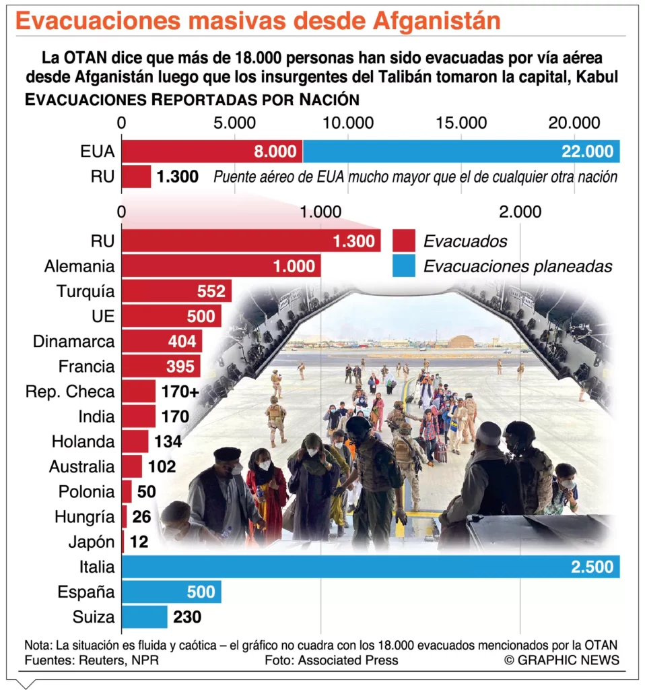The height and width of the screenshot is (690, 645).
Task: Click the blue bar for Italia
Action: pos(370,567)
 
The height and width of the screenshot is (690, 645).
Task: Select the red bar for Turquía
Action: pos(176,292)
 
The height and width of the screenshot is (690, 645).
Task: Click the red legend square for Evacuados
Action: pos(403,241)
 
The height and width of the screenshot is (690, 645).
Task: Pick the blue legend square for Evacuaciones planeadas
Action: pos(403,265)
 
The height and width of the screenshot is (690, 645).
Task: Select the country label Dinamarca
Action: pos(74,342)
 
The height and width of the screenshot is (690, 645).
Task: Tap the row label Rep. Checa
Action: pos(70,391)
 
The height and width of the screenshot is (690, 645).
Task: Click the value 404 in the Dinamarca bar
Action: pos(182,342)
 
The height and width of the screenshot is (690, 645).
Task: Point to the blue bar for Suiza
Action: pos(144,617)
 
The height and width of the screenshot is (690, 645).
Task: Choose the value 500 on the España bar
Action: pos(201,592)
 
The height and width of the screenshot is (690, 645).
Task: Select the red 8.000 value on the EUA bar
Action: pos(275,152)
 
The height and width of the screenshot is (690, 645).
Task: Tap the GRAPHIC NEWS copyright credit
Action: pos(562,660)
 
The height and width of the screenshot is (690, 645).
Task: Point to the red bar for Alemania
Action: pos(221,266)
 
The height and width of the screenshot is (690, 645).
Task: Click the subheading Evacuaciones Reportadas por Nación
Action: pos(191,100)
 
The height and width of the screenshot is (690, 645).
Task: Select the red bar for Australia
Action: pos(132,466)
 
